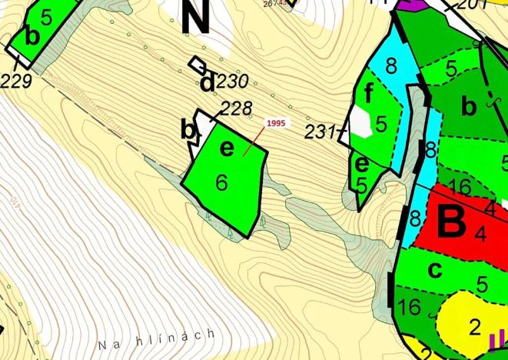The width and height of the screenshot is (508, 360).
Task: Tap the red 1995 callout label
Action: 277,123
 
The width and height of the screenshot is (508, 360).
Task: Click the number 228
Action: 237,107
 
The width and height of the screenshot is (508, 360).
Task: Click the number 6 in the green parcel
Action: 222,182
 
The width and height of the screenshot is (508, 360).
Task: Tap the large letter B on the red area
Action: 452,223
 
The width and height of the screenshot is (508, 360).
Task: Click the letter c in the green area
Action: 435,270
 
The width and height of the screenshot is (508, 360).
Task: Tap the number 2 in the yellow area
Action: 474,324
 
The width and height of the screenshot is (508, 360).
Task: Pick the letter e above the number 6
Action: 226,148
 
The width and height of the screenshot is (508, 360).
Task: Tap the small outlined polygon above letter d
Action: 198,64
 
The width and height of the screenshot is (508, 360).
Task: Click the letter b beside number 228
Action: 187,129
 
